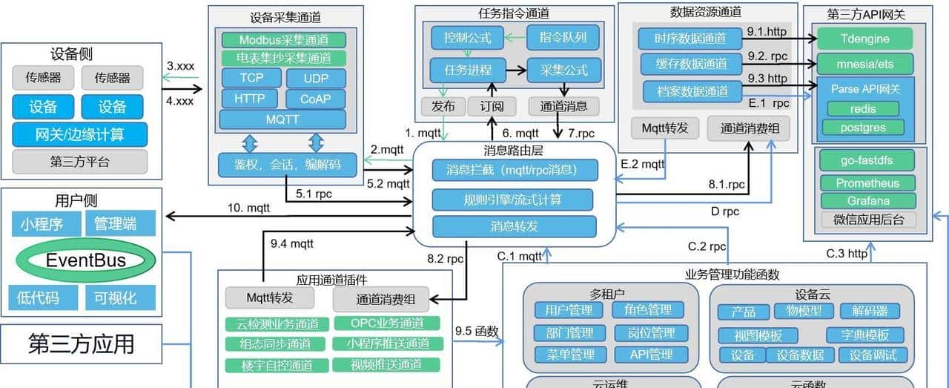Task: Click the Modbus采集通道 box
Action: pyautogui.click(x=282, y=40)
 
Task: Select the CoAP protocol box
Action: pyautogui.click(x=314, y=98)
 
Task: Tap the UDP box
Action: pyautogui.click(x=314, y=78)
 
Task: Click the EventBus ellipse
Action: pyautogui.click(x=86, y=260)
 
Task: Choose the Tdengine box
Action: pyautogui.click(x=864, y=39)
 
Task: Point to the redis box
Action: pyautogui.click(x=863, y=109)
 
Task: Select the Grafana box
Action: pyautogui.click(x=867, y=200)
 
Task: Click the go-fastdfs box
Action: pyautogui.click(x=867, y=160)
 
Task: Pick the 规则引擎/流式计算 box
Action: pyautogui.click(x=513, y=199)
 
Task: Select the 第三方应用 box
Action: pyautogui.click(x=81, y=343)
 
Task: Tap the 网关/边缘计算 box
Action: pyautogui.click(x=79, y=135)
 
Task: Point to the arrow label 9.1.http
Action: pyautogui.click(x=767, y=33)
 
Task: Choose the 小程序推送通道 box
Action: pyautogui.click(x=387, y=343)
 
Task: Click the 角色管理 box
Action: pyautogui.click(x=647, y=309)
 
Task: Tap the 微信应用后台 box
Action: pyautogui.click(x=867, y=220)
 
